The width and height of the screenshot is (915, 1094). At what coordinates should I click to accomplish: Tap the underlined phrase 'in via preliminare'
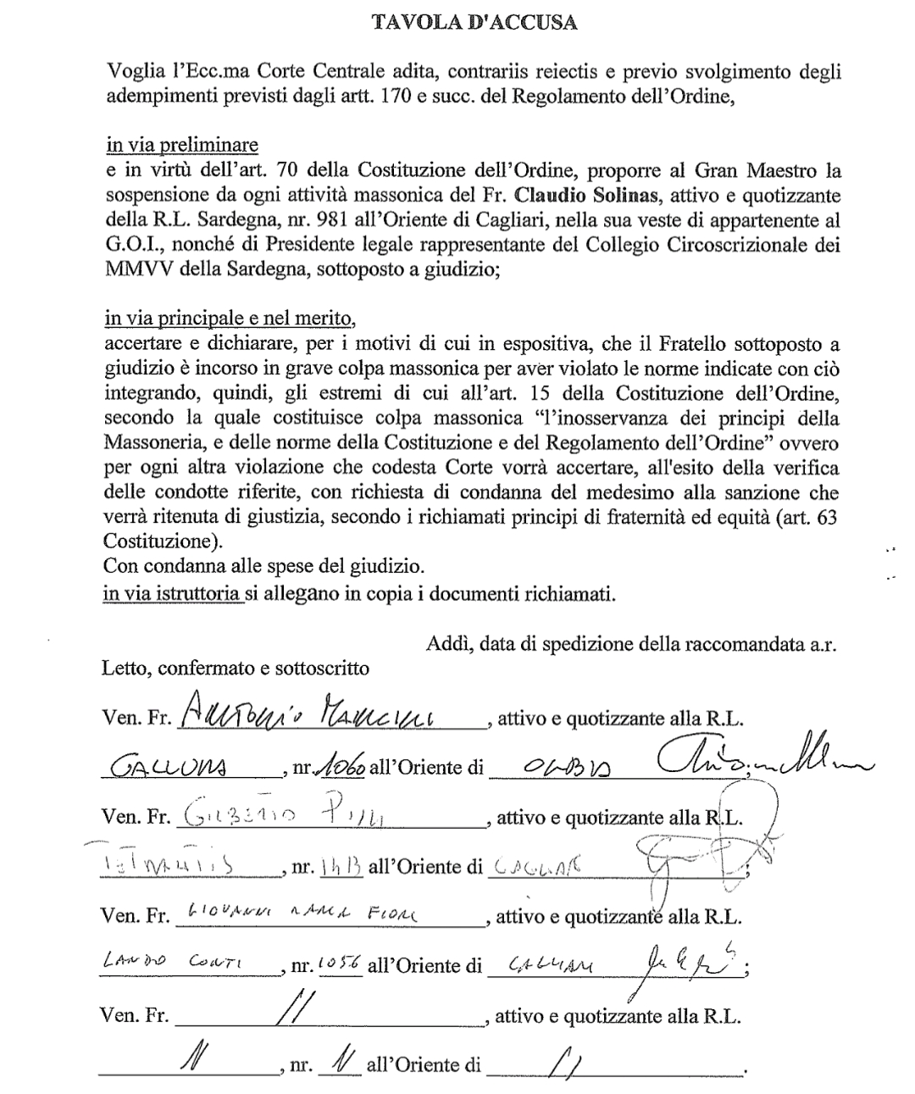click(181, 145)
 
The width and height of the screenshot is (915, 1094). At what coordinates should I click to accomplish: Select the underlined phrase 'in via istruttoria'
click(172, 594)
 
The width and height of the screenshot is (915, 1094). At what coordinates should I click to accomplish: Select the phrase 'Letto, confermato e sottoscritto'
click(236, 668)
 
